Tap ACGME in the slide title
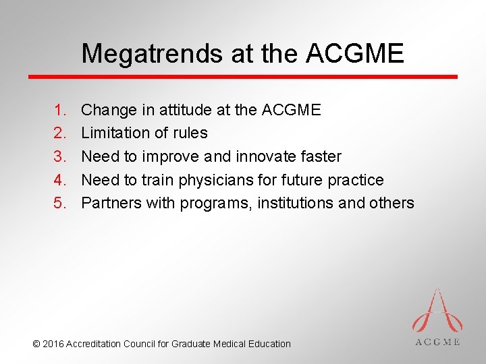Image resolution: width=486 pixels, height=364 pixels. tap(355, 53)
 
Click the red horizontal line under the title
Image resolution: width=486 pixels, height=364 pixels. tap(242, 77)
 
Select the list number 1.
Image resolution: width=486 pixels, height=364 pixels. tap(59, 109)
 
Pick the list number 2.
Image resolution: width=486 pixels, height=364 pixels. tap(59, 133)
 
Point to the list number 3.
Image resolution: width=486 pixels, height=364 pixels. tap(59, 156)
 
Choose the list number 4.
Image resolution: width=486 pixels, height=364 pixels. tap(59, 180)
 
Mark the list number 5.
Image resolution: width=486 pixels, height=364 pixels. tap(59, 203)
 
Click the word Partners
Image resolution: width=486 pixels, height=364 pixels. tap(111, 203)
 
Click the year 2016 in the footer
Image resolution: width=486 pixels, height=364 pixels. tap(53, 344)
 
